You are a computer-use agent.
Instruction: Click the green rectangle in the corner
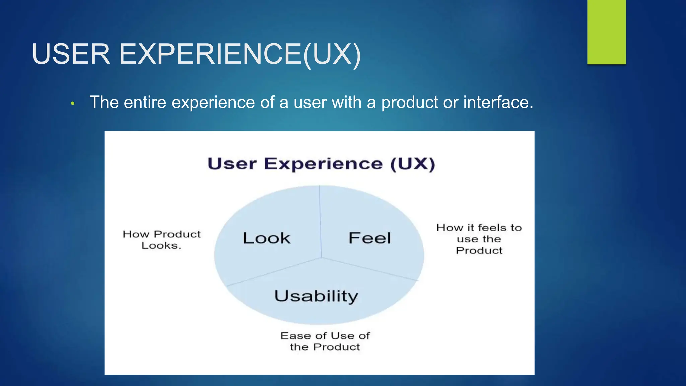pos(606,32)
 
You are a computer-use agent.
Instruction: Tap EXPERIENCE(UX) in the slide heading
pos(240,54)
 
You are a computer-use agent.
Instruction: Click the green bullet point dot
pos(72,104)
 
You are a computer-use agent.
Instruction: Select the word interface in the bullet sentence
pos(498,102)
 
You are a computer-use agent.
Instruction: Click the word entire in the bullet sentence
pos(145,102)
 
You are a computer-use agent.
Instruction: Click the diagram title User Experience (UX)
pos(321,164)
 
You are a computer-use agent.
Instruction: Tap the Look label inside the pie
pos(266,238)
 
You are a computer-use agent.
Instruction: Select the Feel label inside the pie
pos(369,238)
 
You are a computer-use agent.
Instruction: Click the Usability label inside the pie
pos(316,296)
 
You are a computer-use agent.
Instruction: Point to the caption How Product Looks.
pos(161,240)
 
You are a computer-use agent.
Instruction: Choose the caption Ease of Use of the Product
pos(325,341)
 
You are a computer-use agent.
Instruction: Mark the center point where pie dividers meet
pos(322,258)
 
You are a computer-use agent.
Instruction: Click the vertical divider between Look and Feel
pos(320,221)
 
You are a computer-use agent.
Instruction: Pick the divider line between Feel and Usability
pos(370,269)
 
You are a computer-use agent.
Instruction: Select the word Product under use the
pos(479,250)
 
